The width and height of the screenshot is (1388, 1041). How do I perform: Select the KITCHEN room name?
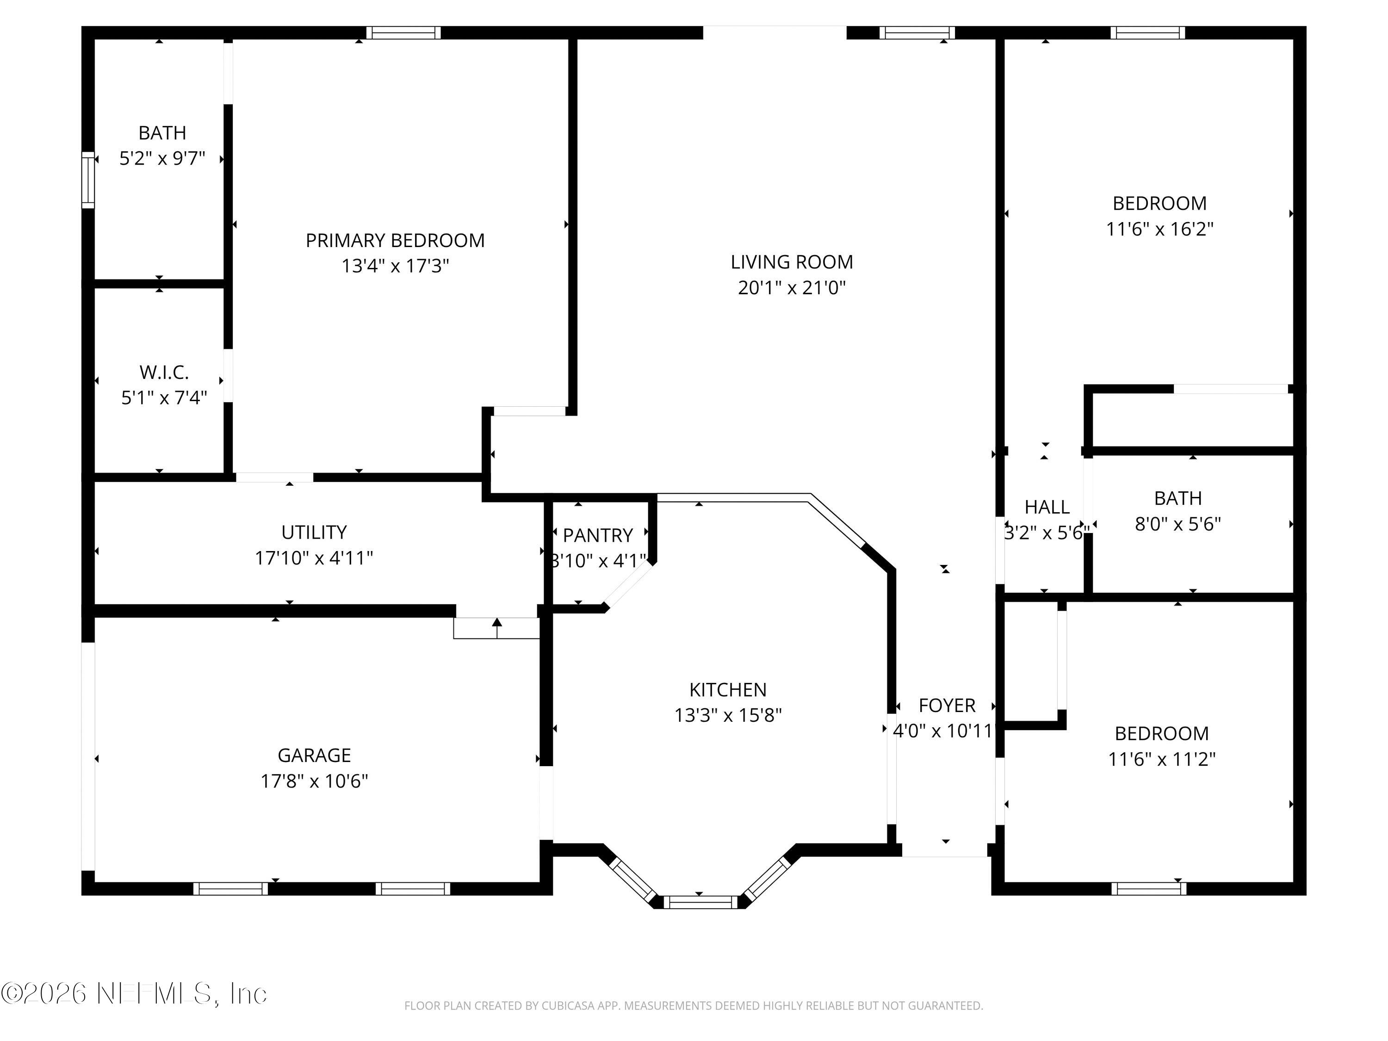point(728,690)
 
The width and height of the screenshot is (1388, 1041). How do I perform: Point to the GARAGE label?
point(314,755)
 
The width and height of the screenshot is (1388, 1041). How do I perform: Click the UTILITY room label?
point(314,532)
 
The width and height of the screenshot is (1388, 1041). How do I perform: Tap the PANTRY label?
point(597,535)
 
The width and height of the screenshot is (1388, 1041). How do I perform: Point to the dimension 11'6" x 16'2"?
point(1159,229)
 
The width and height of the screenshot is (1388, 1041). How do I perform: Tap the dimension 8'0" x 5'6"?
point(1178,524)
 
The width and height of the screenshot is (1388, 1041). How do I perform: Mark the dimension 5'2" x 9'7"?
point(162,158)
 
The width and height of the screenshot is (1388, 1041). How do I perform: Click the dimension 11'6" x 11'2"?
point(1161,759)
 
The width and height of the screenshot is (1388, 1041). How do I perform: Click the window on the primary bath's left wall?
point(88,180)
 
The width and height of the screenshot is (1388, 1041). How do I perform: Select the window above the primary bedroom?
point(403,33)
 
